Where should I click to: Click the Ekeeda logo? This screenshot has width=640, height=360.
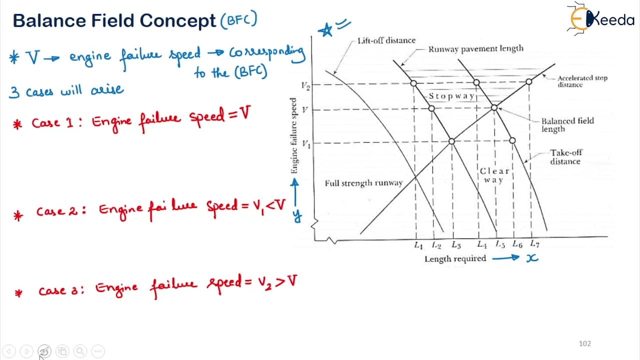tap(600, 19)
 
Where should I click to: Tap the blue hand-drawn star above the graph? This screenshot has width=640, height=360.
tap(325, 29)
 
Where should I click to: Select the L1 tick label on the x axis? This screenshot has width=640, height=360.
tap(418, 245)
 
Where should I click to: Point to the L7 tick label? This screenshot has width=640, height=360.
tap(534, 243)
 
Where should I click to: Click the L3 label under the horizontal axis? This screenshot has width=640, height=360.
tap(456, 245)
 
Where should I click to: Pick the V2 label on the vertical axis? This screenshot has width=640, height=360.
tap(305, 85)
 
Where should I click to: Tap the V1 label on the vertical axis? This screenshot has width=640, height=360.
tap(306, 144)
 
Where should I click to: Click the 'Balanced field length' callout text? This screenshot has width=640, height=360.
tap(567, 125)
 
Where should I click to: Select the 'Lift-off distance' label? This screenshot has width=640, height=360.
tap(386, 40)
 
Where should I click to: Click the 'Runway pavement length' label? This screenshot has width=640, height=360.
tap(475, 49)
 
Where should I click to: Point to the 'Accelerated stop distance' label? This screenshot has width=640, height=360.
tap(582, 81)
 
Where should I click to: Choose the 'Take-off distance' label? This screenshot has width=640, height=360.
tap(566, 157)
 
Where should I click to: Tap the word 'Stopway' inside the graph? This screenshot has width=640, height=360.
tap(451, 96)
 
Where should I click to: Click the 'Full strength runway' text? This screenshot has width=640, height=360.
tap(363, 183)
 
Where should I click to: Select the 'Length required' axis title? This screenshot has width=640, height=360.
tap(455, 259)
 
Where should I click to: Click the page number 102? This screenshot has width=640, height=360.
tap(584, 343)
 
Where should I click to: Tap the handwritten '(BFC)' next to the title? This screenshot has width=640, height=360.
tap(239, 19)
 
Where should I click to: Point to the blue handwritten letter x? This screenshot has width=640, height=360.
tap(532, 258)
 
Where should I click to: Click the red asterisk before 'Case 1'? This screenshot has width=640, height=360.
tap(17, 124)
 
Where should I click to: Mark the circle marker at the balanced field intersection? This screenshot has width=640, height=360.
tap(494, 107)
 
